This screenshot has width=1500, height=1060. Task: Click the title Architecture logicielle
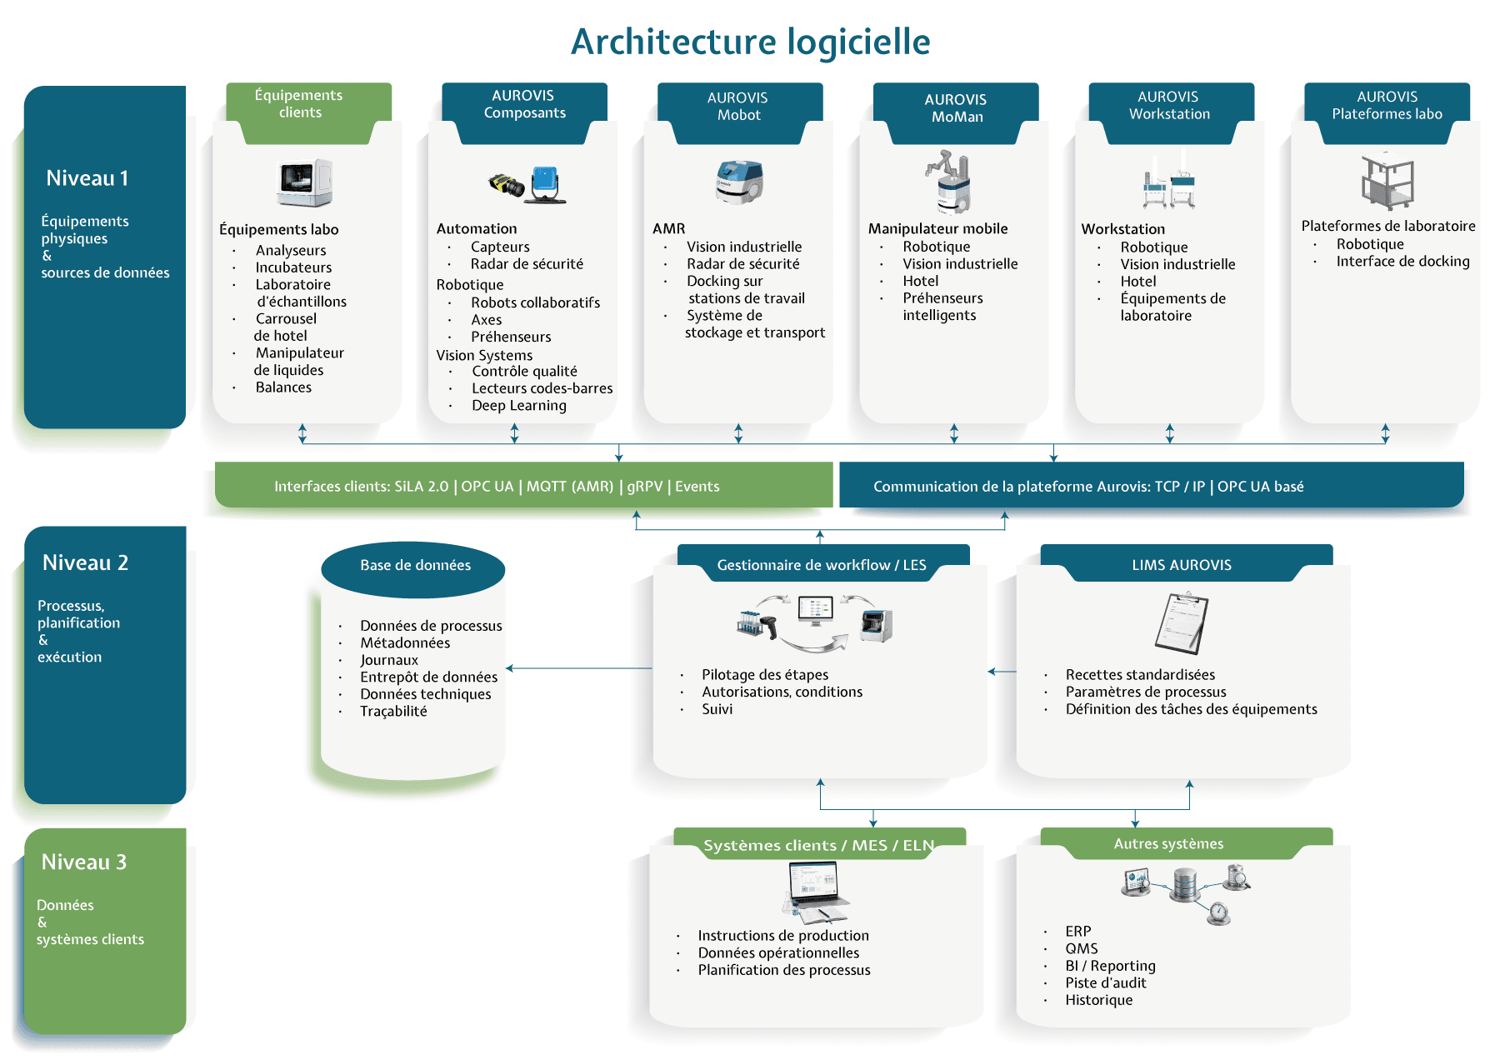click(750, 42)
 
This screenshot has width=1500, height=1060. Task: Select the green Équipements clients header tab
click(299, 104)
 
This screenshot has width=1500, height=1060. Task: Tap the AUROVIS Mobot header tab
click(738, 107)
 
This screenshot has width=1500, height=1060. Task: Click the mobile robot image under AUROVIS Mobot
click(739, 182)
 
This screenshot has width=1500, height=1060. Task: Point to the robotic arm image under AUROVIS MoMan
click(950, 181)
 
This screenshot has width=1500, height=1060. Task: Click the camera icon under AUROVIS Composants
click(507, 185)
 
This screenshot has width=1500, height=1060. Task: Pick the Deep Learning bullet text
click(518, 406)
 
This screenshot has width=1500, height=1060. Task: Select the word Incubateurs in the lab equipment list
click(293, 267)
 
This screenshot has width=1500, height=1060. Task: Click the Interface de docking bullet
click(1402, 262)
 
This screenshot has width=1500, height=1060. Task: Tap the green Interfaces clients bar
click(523, 486)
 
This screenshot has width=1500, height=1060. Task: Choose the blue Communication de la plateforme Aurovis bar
click(1150, 486)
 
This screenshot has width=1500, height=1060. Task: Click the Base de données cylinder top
click(414, 567)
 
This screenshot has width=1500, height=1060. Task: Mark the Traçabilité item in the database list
click(393, 712)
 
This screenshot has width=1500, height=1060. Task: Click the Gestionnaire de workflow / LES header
click(822, 565)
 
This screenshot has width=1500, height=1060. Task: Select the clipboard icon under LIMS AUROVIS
click(1182, 623)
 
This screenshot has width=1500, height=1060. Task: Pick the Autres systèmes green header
click(1168, 844)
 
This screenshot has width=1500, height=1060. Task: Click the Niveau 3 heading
click(84, 862)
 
